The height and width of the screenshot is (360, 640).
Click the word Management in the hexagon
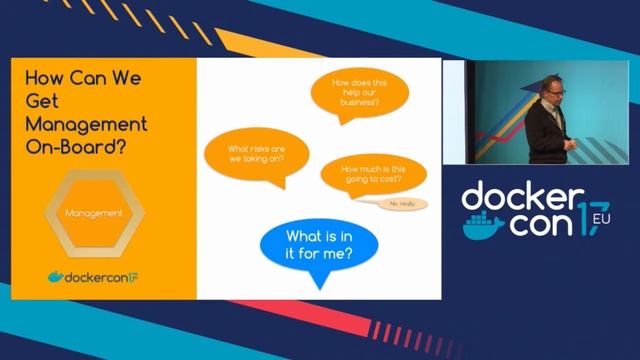coord(93,213)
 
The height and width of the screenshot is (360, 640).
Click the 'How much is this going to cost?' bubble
coord(366,178)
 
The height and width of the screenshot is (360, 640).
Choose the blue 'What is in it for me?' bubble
coord(318,244)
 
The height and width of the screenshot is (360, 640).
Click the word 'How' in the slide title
coord(42,76)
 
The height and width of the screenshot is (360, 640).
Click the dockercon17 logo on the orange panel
coord(93,275)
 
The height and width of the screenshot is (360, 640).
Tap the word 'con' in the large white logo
coord(540,224)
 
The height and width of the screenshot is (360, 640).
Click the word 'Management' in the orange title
coord(86,122)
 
